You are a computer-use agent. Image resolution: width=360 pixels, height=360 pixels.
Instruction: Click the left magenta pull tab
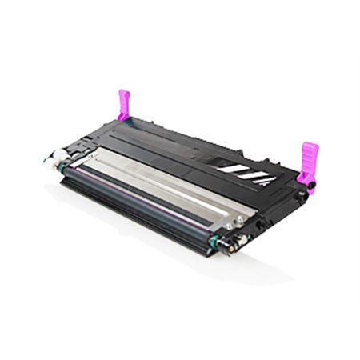[124, 105]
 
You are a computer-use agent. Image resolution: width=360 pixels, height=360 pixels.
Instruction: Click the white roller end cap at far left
[47, 159]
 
